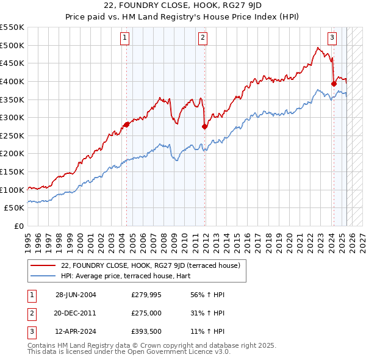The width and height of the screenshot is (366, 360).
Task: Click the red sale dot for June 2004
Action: [126, 124]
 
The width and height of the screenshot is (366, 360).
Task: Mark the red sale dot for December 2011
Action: [204, 126]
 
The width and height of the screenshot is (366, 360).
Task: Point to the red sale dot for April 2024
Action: [334, 84]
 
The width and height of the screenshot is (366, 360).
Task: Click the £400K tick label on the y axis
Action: [13, 81]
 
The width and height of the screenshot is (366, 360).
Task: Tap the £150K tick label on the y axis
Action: [13, 171]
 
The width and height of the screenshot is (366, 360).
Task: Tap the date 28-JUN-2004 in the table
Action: [76, 295]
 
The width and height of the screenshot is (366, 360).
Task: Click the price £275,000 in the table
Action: [146, 313]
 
